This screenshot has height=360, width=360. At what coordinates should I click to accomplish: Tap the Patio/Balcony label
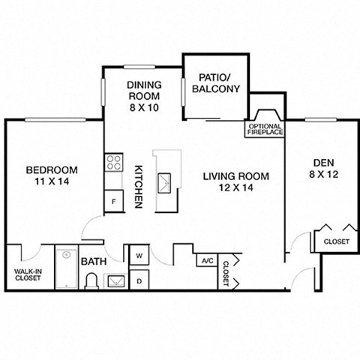point(216,83)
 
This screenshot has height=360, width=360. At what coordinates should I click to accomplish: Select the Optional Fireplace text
point(265,129)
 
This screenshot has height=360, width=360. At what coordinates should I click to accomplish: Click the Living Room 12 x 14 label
point(234,182)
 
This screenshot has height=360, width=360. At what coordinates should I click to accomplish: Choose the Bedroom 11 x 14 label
point(50,175)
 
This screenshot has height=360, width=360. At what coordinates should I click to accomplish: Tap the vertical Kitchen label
point(139,187)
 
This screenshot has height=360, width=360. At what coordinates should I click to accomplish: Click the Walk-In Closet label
point(28,274)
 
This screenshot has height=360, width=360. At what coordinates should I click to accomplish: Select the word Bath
point(93,261)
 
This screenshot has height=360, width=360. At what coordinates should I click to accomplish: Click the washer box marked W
point(139,255)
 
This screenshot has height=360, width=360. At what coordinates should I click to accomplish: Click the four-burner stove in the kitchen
point(114,163)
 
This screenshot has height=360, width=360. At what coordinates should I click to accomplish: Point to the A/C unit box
point(205,260)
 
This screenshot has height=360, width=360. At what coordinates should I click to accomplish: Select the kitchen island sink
point(166,179)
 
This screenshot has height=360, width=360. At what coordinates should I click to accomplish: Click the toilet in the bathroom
point(91,280)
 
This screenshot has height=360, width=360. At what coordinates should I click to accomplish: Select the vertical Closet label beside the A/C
point(226,272)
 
